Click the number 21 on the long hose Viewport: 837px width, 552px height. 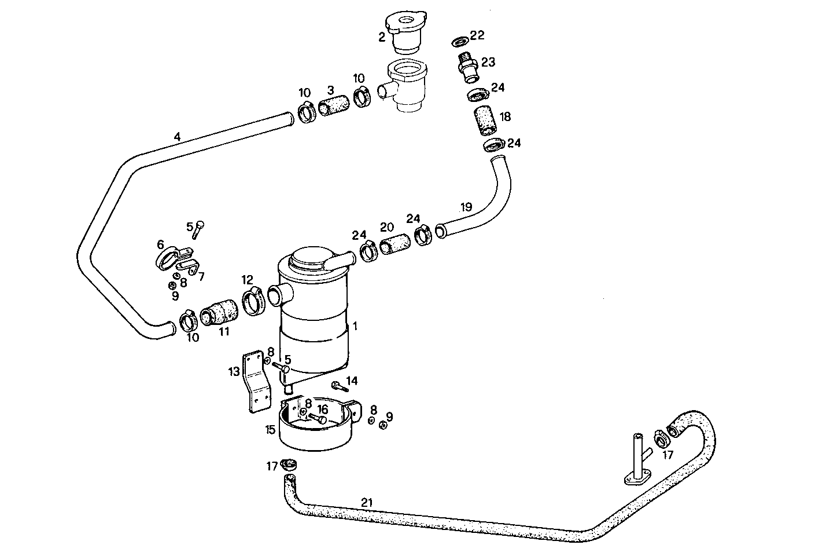[366, 502]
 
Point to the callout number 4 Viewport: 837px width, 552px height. [177, 137]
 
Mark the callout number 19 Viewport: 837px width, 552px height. [466, 207]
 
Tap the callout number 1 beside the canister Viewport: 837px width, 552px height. [355, 327]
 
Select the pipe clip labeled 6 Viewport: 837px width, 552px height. [168, 255]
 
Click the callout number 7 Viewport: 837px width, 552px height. [201, 276]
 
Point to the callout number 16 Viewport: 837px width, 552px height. [322, 410]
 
